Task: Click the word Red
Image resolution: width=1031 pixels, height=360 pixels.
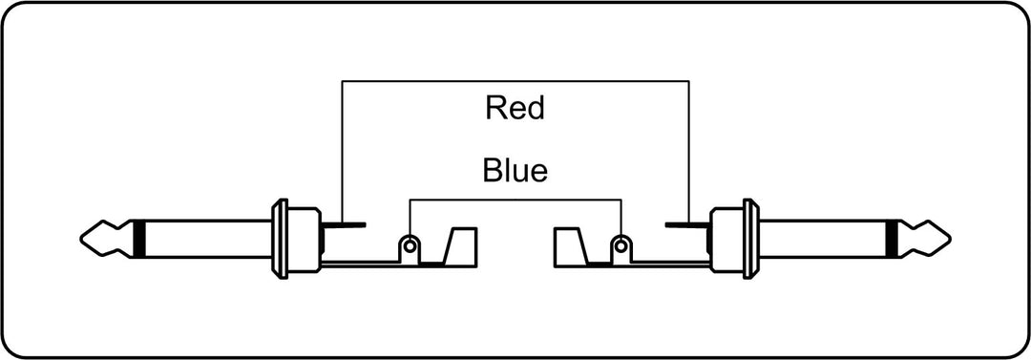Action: pos(515,108)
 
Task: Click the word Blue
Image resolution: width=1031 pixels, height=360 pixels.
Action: pos(515,171)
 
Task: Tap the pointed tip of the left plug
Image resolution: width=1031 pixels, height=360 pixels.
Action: pos(81,238)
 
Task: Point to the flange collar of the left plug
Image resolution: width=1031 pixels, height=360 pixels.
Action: pos(280,238)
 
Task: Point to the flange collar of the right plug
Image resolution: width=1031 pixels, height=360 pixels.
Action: pos(750,238)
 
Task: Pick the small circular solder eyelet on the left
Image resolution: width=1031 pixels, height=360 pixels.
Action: pos(410,246)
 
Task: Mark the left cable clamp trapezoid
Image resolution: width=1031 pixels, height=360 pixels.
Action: pos(460,245)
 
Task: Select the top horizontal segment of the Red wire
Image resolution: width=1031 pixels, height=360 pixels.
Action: pos(515,81)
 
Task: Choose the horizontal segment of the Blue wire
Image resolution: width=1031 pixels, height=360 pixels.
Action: pos(515,199)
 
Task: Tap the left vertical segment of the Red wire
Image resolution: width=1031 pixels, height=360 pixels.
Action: pos(342,152)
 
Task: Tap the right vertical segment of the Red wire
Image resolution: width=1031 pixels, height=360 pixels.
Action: pos(689,152)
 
